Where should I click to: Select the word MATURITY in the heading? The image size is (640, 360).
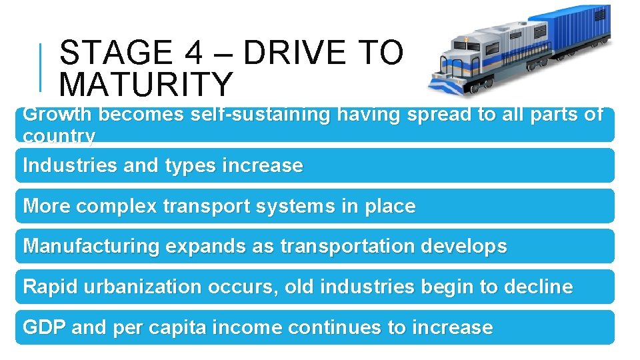pos(146,85)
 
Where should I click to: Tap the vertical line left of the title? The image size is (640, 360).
pos(41,67)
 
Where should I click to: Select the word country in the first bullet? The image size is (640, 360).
pos(59,136)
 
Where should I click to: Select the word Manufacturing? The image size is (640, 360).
pos(91,246)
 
